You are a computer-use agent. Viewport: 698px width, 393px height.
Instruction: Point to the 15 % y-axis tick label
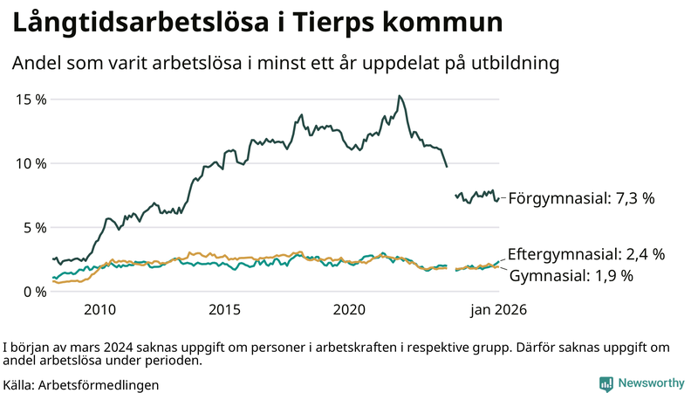31,100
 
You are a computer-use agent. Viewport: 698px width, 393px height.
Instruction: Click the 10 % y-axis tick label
31,163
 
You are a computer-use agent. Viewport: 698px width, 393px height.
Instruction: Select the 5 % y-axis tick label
35,228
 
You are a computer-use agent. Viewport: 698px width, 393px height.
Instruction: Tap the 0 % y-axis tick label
35,292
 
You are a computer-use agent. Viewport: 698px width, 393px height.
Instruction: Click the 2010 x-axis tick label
99,310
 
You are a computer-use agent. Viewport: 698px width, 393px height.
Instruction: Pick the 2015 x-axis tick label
224,310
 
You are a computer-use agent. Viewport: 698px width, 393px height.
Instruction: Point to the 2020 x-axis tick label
349,310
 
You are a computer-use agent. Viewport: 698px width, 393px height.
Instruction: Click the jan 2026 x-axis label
499,310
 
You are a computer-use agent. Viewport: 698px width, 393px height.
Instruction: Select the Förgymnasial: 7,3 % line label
581,199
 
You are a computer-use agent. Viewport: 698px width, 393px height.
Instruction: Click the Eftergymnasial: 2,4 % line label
585,255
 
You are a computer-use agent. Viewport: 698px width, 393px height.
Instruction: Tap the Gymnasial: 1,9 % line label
571,276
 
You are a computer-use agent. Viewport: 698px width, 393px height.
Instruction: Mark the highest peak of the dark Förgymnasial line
399,96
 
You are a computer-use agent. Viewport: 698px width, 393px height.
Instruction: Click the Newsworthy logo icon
606,383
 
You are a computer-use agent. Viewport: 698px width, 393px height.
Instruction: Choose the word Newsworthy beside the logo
651,383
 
